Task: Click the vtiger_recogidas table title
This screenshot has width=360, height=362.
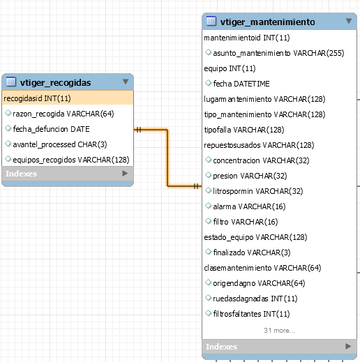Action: pos(55,82)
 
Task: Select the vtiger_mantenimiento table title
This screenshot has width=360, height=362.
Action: pos(268,22)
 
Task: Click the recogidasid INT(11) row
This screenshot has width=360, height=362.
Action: pos(37,98)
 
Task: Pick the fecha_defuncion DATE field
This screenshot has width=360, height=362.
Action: pos(51,129)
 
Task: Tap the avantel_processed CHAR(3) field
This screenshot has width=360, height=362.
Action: pos(60,144)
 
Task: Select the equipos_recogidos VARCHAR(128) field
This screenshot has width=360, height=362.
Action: pos(71,160)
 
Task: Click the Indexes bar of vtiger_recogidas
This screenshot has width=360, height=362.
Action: pos(68,174)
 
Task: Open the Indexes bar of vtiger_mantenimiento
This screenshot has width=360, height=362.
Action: pos(279,347)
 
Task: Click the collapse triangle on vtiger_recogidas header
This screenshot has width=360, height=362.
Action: pos(126,82)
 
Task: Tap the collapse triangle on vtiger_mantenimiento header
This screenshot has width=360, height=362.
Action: pos(349,21)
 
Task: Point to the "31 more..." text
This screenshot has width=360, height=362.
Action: pos(279,331)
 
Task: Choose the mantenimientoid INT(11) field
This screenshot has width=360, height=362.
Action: pos(247,38)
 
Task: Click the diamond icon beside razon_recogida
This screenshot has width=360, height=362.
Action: pos(8,113)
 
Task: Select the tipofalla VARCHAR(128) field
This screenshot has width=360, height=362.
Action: pos(244,130)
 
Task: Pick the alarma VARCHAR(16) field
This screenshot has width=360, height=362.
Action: pos(249,206)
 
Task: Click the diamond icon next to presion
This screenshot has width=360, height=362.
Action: pos(208,175)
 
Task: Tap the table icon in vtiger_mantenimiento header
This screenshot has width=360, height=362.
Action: pos(211,21)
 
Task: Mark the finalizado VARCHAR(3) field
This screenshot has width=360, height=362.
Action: pos(252,252)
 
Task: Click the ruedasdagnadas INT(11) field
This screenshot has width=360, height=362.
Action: pos(255,299)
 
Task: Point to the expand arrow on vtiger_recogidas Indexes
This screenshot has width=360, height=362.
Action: pos(125,174)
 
